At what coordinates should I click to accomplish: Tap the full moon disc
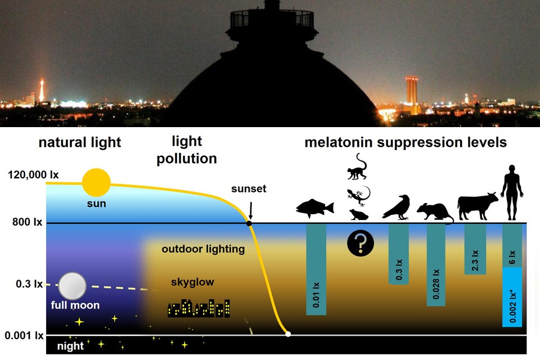tap(73, 286)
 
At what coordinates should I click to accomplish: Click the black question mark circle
tap(361, 244)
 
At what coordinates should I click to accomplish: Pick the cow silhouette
tap(478, 206)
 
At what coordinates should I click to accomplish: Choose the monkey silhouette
tap(358, 167)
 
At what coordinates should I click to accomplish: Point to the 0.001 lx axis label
tap(24, 336)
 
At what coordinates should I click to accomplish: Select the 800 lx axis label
tap(28, 223)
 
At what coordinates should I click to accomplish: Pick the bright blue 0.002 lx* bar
tap(512, 296)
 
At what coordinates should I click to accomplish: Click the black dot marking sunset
tap(249, 223)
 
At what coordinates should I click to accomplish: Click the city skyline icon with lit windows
tap(199, 307)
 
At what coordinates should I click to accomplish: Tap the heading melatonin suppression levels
tap(406, 142)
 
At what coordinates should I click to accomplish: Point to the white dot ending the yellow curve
tap(288, 334)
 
